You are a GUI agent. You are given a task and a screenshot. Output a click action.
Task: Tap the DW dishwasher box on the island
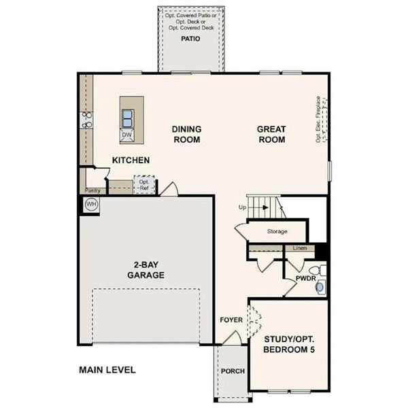click(x=126, y=135)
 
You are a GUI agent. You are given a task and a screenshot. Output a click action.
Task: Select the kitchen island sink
click(x=127, y=118)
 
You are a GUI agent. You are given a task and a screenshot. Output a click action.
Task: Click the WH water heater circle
click(x=90, y=203)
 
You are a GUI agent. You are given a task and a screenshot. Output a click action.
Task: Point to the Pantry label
click(x=92, y=191)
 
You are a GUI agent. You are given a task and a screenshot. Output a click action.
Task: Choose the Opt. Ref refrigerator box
click(x=144, y=185)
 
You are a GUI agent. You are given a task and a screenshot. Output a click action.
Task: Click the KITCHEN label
click(x=131, y=160)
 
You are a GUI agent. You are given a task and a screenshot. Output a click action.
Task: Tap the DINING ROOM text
click(x=186, y=135)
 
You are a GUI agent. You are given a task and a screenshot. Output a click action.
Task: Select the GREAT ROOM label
click(x=271, y=135)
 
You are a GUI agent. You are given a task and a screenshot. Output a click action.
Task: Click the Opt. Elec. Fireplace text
click(x=318, y=120)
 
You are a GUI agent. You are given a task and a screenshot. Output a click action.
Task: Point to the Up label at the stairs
click(x=242, y=207)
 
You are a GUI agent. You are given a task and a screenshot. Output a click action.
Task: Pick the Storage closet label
click(x=277, y=232)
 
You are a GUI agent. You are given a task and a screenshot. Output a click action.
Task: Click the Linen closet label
click(x=300, y=248)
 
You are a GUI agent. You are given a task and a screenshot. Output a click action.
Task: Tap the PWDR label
click(x=305, y=279)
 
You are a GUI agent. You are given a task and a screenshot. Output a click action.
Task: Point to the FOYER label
click(x=231, y=320)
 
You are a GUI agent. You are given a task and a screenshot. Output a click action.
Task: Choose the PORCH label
click(x=232, y=371)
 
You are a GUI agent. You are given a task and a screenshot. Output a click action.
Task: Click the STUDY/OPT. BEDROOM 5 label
click(x=288, y=344)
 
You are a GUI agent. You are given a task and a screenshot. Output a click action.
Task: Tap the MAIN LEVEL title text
click(x=107, y=371)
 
